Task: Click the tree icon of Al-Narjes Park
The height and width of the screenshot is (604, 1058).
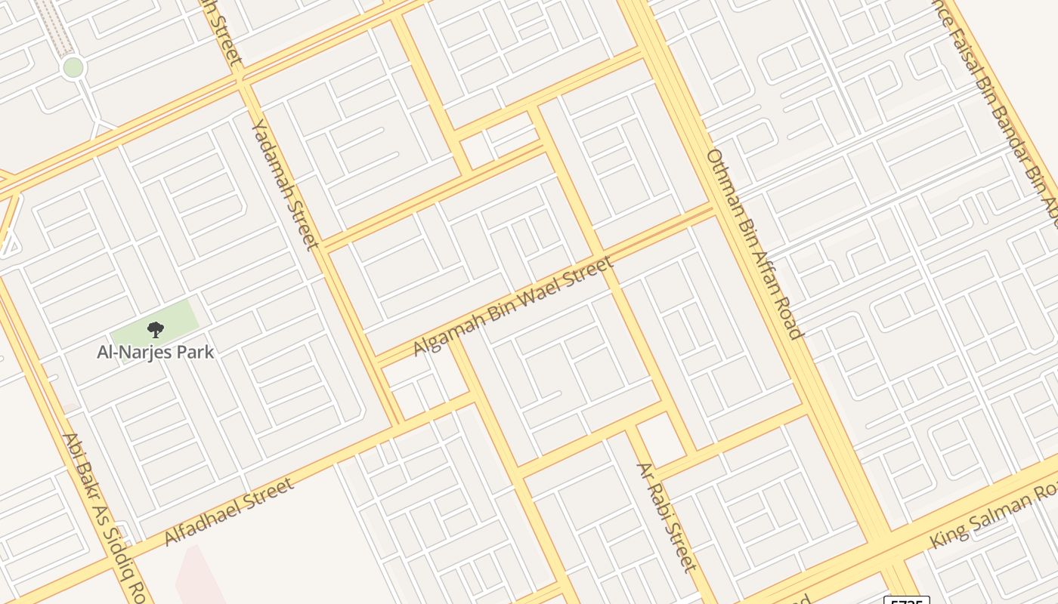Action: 155,329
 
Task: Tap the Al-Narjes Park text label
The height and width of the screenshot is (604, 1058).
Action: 156,352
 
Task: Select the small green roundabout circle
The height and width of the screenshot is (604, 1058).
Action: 73,67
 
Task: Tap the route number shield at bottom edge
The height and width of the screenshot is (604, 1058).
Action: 907,601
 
